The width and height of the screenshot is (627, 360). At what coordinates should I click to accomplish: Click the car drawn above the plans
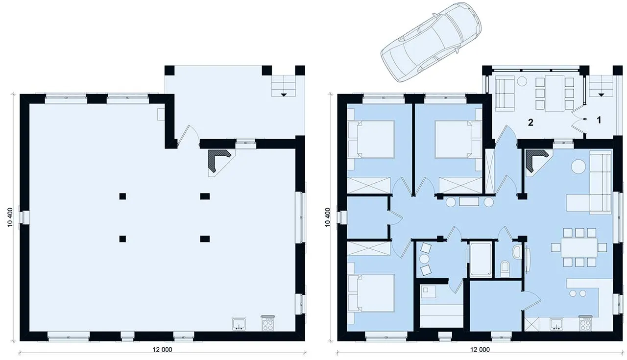click(x=431, y=42)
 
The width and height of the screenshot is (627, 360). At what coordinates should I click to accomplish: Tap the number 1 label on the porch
click(x=599, y=120)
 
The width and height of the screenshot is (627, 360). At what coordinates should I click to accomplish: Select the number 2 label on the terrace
click(x=531, y=122)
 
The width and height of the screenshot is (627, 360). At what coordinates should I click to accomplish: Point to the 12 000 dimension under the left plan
click(x=162, y=349)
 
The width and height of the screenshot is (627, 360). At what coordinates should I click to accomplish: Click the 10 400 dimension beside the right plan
click(x=328, y=217)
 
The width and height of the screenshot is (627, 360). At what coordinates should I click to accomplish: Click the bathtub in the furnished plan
click(x=481, y=259)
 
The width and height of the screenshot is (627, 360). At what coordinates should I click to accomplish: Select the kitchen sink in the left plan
click(x=239, y=324)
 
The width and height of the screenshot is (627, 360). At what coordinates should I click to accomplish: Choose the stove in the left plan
click(x=268, y=323)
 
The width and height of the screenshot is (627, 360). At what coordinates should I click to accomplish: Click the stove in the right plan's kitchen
click(x=585, y=323)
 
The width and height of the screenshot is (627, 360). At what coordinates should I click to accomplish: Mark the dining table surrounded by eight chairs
click(x=579, y=247)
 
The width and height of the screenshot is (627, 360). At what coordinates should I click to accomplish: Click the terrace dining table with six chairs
click(x=555, y=93)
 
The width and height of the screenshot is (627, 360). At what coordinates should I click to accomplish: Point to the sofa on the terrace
click(x=505, y=95)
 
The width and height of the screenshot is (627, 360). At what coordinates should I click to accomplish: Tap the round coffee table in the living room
click(x=579, y=167)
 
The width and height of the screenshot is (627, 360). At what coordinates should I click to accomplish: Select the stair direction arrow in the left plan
click(x=284, y=95)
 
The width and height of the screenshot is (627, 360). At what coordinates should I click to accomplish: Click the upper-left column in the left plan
click(x=122, y=196)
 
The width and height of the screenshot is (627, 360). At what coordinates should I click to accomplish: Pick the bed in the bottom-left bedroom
click(x=371, y=293)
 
